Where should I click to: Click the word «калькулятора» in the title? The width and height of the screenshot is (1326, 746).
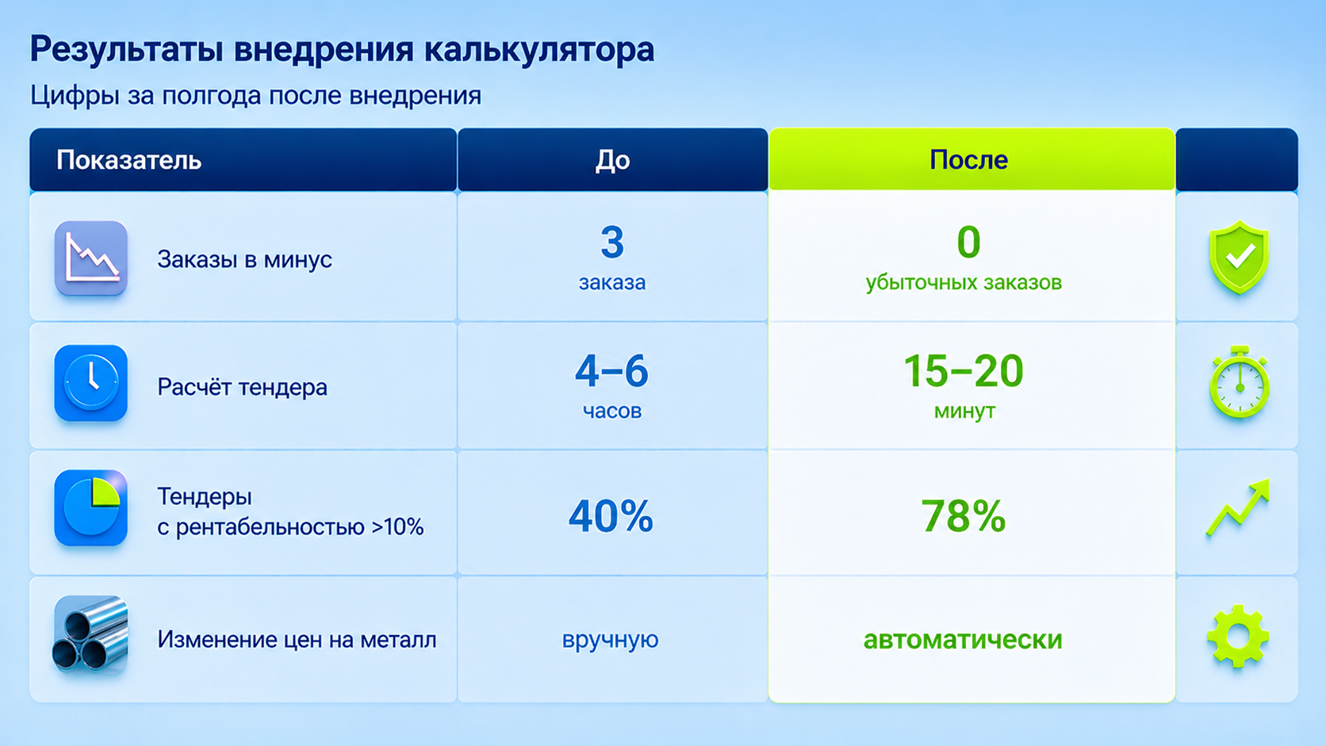coord(539,50)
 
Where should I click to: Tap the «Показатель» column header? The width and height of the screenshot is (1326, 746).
coord(129,159)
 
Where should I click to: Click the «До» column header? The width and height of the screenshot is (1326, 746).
coord(613,159)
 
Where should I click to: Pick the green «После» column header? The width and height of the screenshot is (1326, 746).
coord(968,159)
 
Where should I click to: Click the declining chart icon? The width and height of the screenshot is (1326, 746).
coord(91,258)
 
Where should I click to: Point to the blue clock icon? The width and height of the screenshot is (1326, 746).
coord(91,384)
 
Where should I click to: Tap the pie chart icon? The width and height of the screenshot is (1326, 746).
coord(91,507)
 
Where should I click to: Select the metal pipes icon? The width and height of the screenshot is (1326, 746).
coord(90,635)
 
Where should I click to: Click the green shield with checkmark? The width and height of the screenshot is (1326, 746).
coord(1239,257)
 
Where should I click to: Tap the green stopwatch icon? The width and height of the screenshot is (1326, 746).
coord(1239,382)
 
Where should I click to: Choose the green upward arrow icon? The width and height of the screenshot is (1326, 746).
coord(1239,507)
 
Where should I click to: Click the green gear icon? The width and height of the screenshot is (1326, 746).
coord(1238,637)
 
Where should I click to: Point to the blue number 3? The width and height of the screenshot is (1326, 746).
coord(612,243)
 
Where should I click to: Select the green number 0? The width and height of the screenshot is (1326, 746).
coord(968,243)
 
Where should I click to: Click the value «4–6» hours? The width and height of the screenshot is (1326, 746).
coord(611,371)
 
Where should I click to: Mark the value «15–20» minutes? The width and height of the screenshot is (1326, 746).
coord(964,371)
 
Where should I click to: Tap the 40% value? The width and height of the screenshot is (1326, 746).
coord(611,516)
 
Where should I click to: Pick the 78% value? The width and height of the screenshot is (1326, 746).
coord(964,516)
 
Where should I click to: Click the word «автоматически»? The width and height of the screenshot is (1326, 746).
coord(963,640)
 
